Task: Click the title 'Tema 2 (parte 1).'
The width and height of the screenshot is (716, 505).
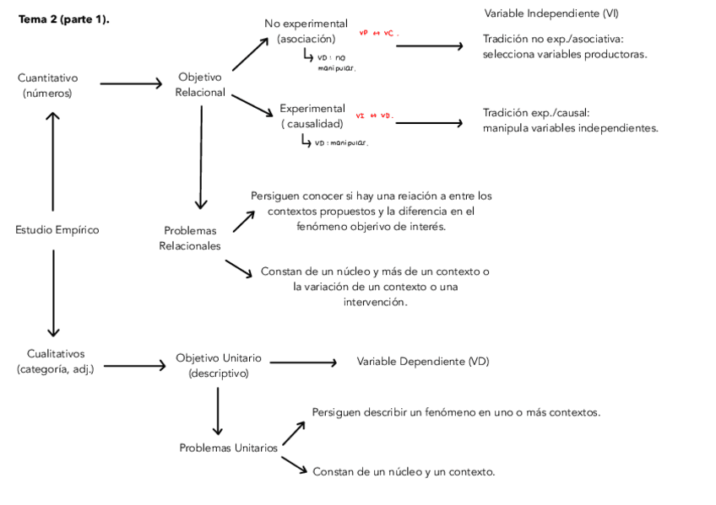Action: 64,19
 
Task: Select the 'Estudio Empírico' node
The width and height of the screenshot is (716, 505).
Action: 57,229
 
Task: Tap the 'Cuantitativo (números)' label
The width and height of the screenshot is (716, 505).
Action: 47,85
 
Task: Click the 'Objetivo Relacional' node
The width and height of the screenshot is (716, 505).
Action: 200,84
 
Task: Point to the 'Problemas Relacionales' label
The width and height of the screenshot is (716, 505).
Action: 190,238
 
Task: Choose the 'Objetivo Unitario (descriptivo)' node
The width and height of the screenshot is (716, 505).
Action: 219,365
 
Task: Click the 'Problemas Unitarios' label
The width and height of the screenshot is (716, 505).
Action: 228,448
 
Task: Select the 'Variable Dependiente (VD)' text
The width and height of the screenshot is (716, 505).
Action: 423,362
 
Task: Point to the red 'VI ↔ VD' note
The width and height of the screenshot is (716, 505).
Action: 374,116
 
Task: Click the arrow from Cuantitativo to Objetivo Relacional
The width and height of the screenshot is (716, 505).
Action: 131,83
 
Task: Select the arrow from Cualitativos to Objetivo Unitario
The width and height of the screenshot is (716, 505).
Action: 134,366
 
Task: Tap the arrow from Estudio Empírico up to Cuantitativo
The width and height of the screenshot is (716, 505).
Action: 53,160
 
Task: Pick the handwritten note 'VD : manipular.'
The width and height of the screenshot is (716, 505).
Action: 340,143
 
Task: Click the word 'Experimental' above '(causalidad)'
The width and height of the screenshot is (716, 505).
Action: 312,109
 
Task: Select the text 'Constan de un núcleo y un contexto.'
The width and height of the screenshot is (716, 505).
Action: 404,471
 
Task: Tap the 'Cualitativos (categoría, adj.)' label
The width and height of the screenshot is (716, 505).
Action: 56,361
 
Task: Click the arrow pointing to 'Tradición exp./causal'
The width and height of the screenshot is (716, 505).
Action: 429,123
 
